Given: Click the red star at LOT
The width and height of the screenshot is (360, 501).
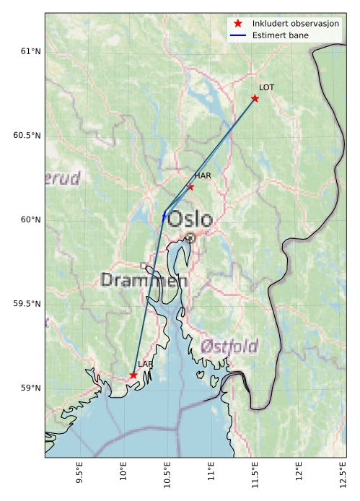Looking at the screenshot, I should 255,98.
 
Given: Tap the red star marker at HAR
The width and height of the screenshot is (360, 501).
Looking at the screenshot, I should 190,187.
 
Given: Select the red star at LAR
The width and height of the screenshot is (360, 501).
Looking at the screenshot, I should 133,375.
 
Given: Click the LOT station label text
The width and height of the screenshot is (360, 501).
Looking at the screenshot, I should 267,87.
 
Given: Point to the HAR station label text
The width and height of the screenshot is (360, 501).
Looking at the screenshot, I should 203,175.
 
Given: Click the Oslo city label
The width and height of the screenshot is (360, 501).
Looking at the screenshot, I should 190,219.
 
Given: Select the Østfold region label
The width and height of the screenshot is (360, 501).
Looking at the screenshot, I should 229,346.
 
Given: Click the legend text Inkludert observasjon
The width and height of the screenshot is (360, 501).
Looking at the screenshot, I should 296,24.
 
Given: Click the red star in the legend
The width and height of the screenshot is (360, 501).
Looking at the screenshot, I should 238,24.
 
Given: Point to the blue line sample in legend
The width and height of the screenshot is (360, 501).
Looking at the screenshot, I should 238,35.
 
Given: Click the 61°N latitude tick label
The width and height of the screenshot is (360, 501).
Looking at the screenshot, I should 30,51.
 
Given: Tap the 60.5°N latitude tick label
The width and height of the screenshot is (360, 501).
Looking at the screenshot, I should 27,136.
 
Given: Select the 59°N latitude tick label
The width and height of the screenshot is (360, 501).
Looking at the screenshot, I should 30,388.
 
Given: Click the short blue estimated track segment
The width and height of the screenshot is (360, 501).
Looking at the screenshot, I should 164,216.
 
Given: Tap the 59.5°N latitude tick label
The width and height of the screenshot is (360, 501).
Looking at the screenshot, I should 27,304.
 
